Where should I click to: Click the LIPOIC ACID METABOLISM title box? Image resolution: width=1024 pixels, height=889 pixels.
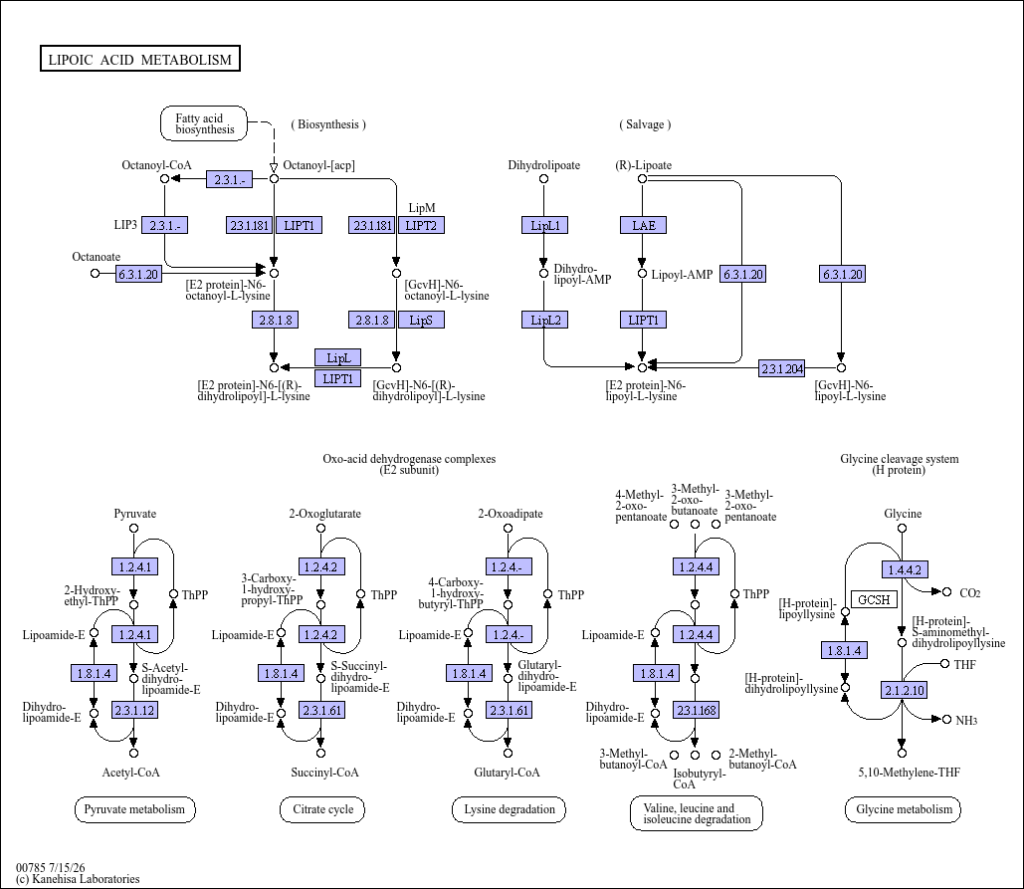(x=139, y=58)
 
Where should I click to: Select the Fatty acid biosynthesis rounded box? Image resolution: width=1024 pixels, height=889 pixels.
(x=204, y=123)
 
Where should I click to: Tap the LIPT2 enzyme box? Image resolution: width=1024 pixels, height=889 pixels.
(x=421, y=225)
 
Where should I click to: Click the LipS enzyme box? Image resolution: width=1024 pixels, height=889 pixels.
(x=421, y=321)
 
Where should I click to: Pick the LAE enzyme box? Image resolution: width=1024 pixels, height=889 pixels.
(x=643, y=225)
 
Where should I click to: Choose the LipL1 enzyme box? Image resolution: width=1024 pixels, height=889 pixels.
(x=544, y=225)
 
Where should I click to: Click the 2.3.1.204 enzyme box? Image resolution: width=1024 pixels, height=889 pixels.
(x=782, y=368)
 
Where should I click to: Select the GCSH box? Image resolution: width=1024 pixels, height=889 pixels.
(x=874, y=599)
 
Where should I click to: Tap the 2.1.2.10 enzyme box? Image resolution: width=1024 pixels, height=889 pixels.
(x=905, y=690)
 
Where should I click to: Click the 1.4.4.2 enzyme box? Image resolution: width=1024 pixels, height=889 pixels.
(x=905, y=569)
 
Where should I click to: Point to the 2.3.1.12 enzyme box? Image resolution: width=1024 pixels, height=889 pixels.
(x=134, y=710)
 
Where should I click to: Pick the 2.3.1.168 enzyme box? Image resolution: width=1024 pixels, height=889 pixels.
(x=697, y=710)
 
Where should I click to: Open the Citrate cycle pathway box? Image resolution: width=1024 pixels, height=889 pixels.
(x=322, y=810)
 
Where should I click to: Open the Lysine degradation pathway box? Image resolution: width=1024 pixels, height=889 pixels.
(x=509, y=810)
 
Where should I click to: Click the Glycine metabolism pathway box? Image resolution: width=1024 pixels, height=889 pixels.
(x=904, y=810)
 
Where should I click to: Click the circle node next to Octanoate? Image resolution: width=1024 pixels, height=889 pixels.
(x=95, y=273)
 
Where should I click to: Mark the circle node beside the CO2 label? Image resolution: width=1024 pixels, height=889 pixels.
(x=946, y=591)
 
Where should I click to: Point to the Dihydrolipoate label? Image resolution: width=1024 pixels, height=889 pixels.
(x=544, y=165)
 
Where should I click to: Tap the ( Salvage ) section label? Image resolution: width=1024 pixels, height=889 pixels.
(x=645, y=124)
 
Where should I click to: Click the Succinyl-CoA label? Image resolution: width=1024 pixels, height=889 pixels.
(x=324, y=773)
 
